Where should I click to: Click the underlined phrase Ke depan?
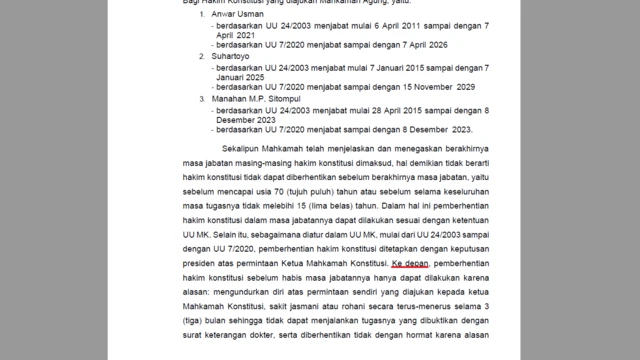coord(410,262)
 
